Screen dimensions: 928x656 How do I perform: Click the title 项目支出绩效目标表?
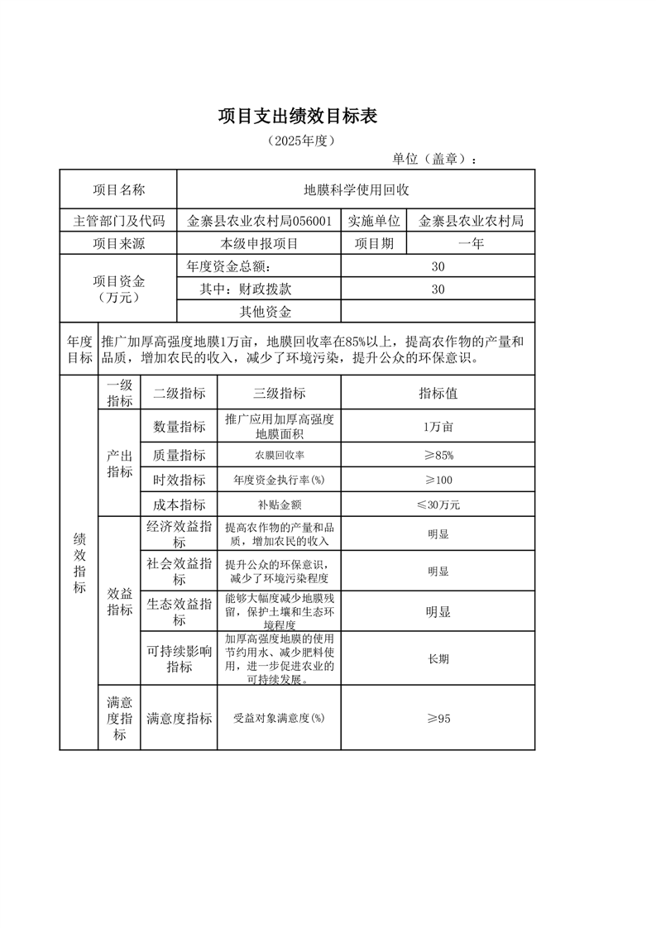[298, 117]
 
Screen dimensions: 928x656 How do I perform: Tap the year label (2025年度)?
[300, 141]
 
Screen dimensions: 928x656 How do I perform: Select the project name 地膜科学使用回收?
[356, 190]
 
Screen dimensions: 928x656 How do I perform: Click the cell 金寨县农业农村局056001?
[260, 221]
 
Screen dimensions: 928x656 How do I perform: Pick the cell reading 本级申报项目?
[259, 244]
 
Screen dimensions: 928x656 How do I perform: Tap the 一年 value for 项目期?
[471, 244]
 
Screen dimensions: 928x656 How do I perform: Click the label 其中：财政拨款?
[246, 289]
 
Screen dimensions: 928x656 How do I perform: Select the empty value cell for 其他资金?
[438, 312]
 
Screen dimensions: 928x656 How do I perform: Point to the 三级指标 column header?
[280, 394]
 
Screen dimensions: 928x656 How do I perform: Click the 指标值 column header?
[438, 394]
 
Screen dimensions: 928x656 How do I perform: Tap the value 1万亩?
[438, 427]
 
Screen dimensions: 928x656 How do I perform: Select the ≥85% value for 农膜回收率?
[438, 456]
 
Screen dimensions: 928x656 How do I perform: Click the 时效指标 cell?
[179, 481]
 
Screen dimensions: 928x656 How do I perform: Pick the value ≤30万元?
[438, 505]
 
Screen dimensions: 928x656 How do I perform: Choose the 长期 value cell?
[438, 659]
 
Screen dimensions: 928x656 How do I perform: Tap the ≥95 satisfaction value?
[438, 719]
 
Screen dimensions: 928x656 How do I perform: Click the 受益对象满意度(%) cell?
[280, 719]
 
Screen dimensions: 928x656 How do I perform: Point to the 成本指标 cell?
[179, 505]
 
